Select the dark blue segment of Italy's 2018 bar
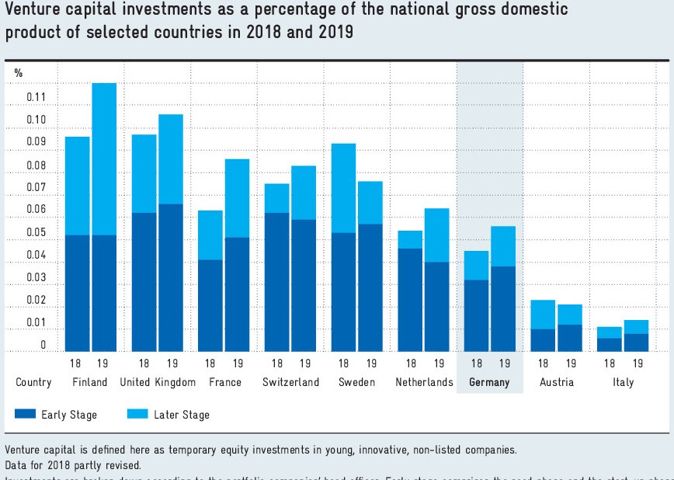609,345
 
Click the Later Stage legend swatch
137,414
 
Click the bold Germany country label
489,382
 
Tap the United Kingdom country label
158,382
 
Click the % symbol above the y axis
19,73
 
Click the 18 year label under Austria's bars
543,363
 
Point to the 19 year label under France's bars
238,363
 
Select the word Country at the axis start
33,382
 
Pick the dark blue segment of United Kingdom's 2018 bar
144,281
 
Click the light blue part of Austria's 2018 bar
543,314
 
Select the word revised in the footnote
123,464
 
